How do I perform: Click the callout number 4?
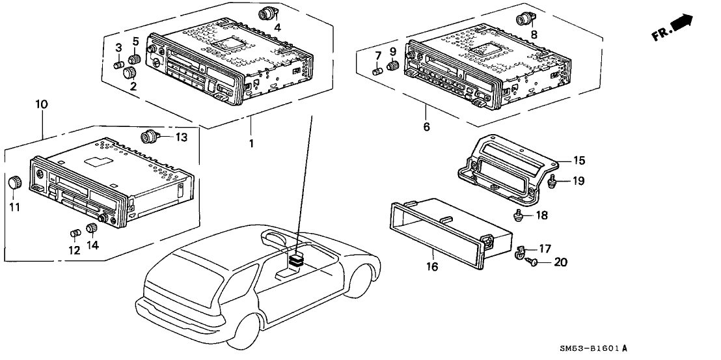click(277, 27)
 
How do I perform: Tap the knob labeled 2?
click(129, 74)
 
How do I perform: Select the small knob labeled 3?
click(119, 65)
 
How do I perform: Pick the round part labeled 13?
click(148, 137)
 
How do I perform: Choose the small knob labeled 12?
click(74, 232)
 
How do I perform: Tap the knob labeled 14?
click(90, 228)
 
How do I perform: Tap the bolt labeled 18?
click(519, 215)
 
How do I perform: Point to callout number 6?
click(427, 127)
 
